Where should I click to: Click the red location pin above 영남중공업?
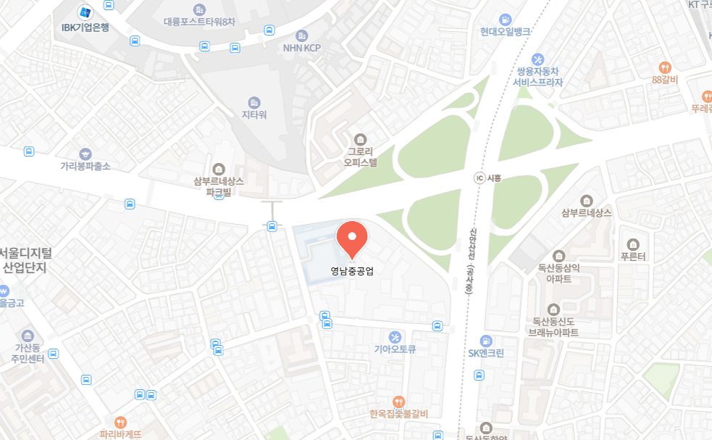(352, 238)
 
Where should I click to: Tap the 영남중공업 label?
(352, 272)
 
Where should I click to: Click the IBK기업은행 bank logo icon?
(85, 12)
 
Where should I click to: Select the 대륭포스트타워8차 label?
(199, 22)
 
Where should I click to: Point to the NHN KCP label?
(302, 48)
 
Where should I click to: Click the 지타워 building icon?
(254, 103)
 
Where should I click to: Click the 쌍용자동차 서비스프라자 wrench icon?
(538, 59)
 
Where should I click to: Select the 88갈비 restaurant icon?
(665, 67)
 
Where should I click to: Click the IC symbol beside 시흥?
(479, 178)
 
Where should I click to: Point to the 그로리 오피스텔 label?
(360, 157)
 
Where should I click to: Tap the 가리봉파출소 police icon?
(85, 154)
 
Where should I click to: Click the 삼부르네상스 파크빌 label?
(219, 186)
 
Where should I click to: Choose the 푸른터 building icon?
(633, 244)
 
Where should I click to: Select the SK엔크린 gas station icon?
(486, 341)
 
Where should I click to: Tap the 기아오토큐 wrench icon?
(395, 336)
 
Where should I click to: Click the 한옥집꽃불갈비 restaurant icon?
(398, 402)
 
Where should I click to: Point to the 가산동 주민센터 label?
(28, 353)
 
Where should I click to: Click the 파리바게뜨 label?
(120, 434)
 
